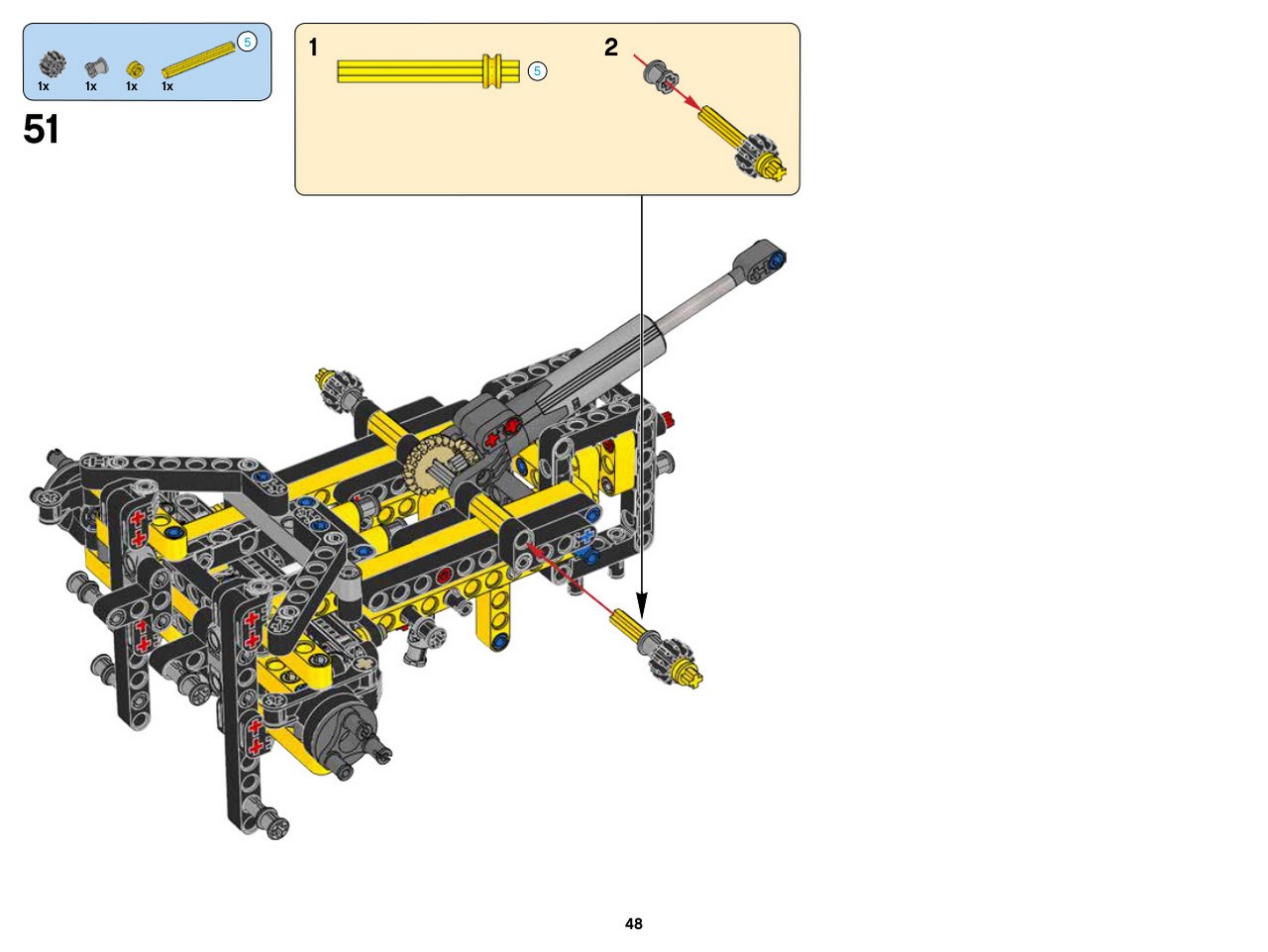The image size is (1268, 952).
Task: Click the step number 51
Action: point(41,129)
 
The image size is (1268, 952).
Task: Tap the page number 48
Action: point(633,923)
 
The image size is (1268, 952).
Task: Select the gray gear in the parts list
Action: point(53,63)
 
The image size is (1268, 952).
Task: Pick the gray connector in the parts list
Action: point(96,67)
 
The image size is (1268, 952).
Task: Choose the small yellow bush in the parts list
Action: point(135,69)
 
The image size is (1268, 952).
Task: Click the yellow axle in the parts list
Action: point(198,60)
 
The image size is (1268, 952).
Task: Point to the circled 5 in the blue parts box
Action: point(248,43)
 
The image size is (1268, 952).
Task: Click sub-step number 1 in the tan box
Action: point(314,48)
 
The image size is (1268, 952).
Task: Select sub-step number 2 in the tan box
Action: point(610,48)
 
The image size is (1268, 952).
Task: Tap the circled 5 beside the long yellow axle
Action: point(537,71)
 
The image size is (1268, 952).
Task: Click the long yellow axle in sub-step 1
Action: point(428,71)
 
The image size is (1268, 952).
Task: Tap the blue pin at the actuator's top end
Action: point(778,259)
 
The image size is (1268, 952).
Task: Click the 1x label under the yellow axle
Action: point(167,86)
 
